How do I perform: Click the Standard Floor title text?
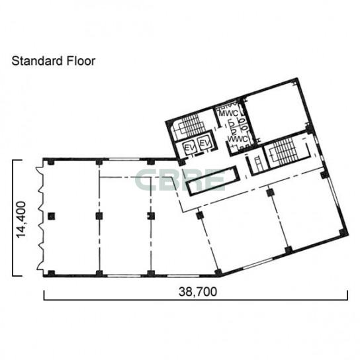tap(53, 61)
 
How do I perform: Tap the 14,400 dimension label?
tap(21, 220)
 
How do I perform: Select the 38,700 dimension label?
tap(198, 292)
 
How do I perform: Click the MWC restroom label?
tap(228, 113)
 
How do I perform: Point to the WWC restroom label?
tap(238, 139)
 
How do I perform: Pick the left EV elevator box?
tap(189, 148)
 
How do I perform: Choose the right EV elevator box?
tap(204, 144)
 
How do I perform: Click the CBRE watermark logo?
tap(179, 180)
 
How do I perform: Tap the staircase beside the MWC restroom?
tap(189, 125)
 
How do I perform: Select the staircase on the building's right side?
tap(285, 150)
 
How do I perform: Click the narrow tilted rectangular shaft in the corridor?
tap(213, 181)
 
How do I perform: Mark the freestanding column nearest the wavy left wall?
tap(52, 216)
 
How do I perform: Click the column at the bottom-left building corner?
tap(51, 273)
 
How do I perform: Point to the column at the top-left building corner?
tap(51, 162)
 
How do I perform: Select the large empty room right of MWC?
tap(275, 114)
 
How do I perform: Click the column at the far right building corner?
tap(343, 232)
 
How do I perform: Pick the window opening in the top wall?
tap(124, 159)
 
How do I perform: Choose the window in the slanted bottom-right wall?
tap(257, 263)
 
